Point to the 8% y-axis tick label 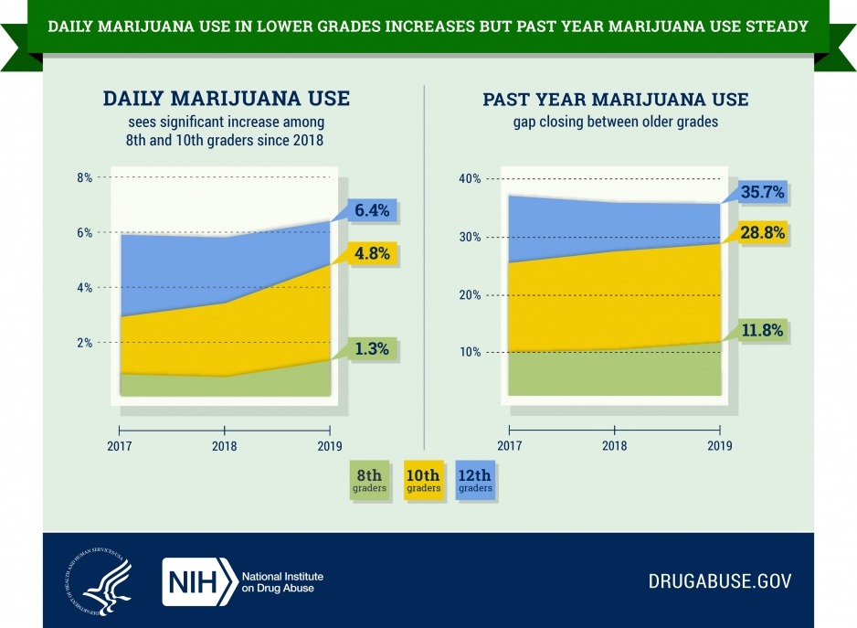coord(84,178)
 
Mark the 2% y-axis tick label coord(84,343)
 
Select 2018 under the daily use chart coord(225,447)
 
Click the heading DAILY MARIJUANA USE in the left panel coord(227,99)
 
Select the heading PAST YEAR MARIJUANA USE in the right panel coord(615,99)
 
